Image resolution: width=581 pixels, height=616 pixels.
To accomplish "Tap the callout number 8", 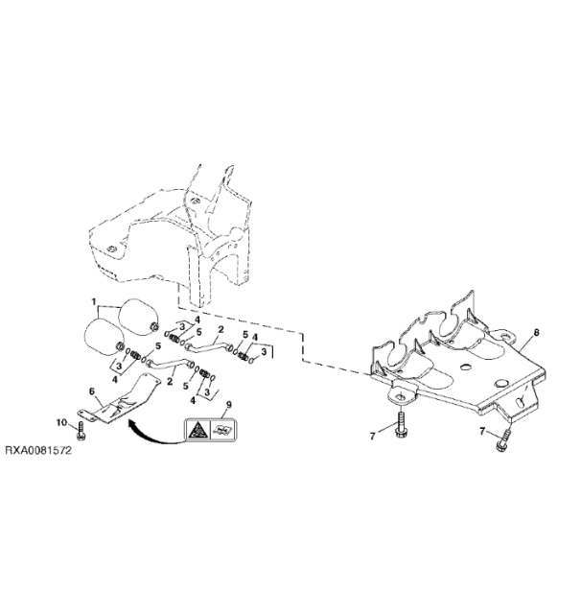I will (x=536, y=332).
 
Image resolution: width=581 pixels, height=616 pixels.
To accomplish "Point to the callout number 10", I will (x=60, y=423).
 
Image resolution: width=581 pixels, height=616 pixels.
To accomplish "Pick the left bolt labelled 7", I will (x=399, y=426).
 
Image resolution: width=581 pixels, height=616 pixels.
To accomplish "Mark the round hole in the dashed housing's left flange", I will (x=112, y=252).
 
